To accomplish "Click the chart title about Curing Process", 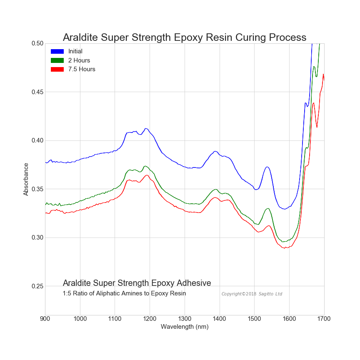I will pyautogui.click(x=185, y=37).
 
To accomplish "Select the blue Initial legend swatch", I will pyautogui.click(x=57, y=51).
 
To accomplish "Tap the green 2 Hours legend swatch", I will pyautogui.click(x=57, y=60).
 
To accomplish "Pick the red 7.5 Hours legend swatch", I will pyautogui.click(x=57, y=69).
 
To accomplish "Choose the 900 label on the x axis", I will pyautogui.click(x=45, y=319).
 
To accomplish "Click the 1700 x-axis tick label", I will pyautogui.click(x=324, y=319).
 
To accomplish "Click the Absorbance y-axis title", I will pyautogui.click(x=26, y=179).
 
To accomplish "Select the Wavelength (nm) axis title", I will pyautogui.click(x=185, y=327).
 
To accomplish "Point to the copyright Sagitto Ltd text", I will pyautogui.click(x=252, y=294).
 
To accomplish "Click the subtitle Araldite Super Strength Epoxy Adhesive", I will pyautogui.click(x=137, y=283).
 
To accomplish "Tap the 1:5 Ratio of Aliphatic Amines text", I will pyautogui.click(x=124, y=294).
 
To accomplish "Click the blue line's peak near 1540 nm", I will pyautogui.click(x=267, y=167).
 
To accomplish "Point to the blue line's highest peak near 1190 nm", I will pyautogui.click(x=146, y=128).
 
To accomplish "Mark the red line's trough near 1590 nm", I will pyautogui.click(x=285, y=248).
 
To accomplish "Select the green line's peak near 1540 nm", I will pyautogui.click(x=268, y=208).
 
